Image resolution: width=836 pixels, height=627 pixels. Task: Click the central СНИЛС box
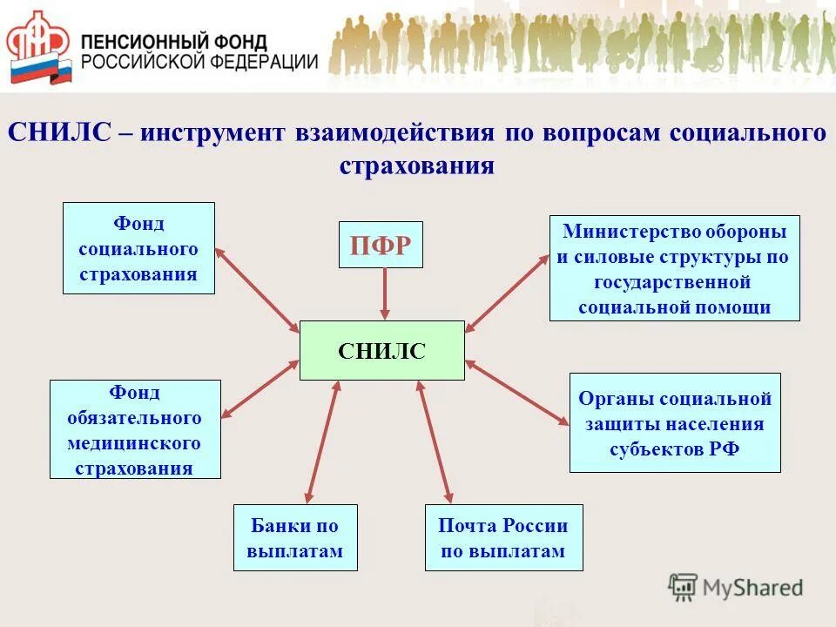pos(381,350)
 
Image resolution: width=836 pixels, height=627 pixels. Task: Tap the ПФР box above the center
pos(381,245)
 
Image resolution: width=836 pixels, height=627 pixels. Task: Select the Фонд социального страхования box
pos(138,248)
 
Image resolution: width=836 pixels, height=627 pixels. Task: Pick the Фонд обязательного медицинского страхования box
pos(135,429)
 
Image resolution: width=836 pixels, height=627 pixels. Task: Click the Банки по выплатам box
pos(295,538)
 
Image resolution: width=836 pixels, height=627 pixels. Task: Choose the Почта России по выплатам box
pos(503,538)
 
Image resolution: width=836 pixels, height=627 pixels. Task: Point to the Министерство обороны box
pos(674,269)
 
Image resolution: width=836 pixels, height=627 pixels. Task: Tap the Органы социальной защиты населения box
pos(675,423)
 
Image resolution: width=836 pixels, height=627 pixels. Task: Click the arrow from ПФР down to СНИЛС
pos(384,293)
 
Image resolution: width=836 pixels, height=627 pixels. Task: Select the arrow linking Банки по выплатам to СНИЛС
pos(321,442)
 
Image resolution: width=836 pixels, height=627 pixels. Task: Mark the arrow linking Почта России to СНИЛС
pos(435,442)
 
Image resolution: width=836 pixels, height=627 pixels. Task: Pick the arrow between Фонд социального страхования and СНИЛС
pos(257,290)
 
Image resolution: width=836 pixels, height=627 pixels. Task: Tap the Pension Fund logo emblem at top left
pos(37,47)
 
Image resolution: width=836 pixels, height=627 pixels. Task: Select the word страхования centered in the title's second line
pos(416,165)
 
